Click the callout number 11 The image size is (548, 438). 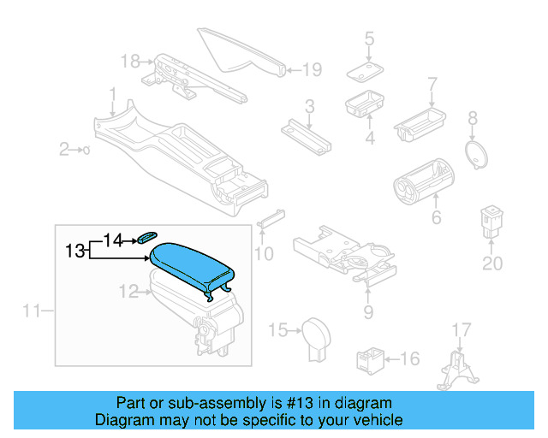click(x=32, y=311)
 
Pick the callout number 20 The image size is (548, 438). click(x=491, y=263)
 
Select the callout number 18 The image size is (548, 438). click(x=129, y=61)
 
